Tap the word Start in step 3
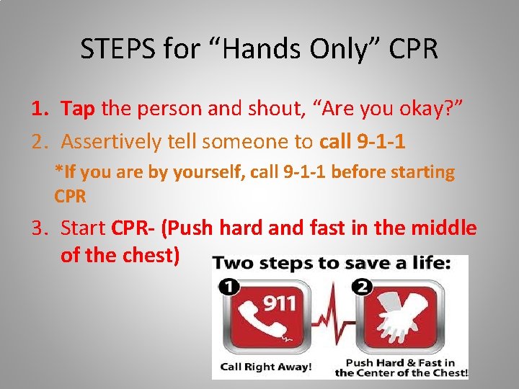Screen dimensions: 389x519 coord(84,228)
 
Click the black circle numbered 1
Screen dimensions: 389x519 coord(229,287)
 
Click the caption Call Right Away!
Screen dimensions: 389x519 coord(266,367)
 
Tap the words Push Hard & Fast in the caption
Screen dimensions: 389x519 coord(400,362)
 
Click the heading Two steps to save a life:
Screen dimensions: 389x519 coord(332,264)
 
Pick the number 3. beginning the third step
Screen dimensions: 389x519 coord(39,228)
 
